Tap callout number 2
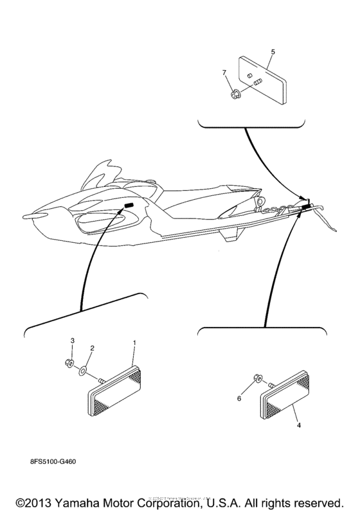(x=92, y=348)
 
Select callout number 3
(x=73, y=340)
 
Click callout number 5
(x=273, y=50)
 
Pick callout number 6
(x=240, y=398)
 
